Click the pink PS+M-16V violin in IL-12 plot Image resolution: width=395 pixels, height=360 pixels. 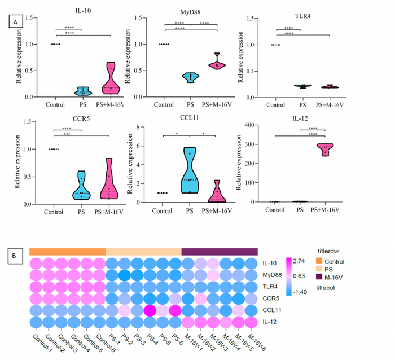324,150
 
